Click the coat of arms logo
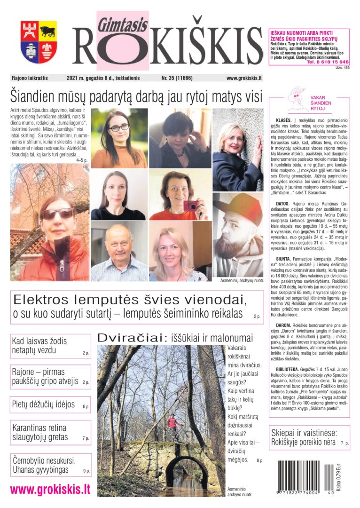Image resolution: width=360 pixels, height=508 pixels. (39, 42)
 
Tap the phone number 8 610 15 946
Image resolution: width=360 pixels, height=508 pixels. (328, 62)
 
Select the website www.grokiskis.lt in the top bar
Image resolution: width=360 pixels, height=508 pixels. (244, 78)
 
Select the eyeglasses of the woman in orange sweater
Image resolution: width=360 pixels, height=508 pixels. (119, 127)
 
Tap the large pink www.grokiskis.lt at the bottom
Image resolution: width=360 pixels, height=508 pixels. (50, 489)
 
